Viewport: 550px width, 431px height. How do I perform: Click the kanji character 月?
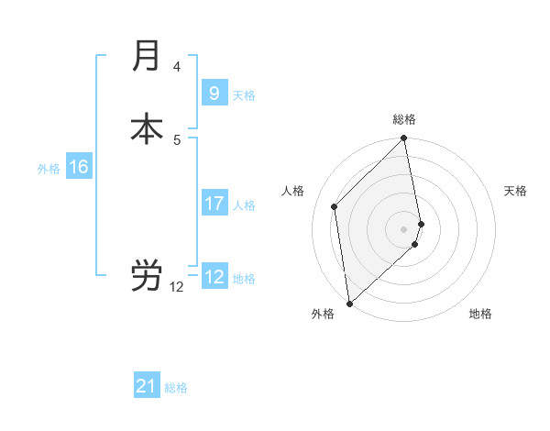pos(147,56)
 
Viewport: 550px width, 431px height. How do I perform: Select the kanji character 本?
pos(147,128)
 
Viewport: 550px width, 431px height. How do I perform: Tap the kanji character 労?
pos(147,275)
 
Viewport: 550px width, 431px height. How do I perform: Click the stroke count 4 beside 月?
pos(176,67)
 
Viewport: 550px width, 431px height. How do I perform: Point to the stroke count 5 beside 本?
pos(176,139)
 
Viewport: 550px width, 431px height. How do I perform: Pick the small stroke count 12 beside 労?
pos(176,287)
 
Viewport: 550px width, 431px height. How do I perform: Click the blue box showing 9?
pos(214,93)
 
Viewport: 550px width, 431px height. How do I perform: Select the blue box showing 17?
pos(214,203)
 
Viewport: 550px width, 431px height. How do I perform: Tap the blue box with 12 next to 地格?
pos(214,276)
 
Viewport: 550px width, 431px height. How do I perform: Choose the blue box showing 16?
pos(79,167)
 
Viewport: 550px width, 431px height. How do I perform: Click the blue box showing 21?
pos(147,386)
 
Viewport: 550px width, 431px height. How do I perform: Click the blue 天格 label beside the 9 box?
pos(244,95)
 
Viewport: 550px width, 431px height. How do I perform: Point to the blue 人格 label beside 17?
pos(244,205)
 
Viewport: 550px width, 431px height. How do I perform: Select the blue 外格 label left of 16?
pos(49,169)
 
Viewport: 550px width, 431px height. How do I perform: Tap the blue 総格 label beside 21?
pos(176,388)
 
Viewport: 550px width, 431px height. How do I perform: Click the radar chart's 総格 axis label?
pos(404,119)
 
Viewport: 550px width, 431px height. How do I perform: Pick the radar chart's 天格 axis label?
pos(515,191)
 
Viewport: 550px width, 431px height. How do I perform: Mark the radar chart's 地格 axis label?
pos(480,314)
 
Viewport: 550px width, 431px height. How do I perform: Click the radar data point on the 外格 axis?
pos(348,303)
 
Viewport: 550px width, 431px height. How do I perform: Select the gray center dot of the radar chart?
pos(404,228)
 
